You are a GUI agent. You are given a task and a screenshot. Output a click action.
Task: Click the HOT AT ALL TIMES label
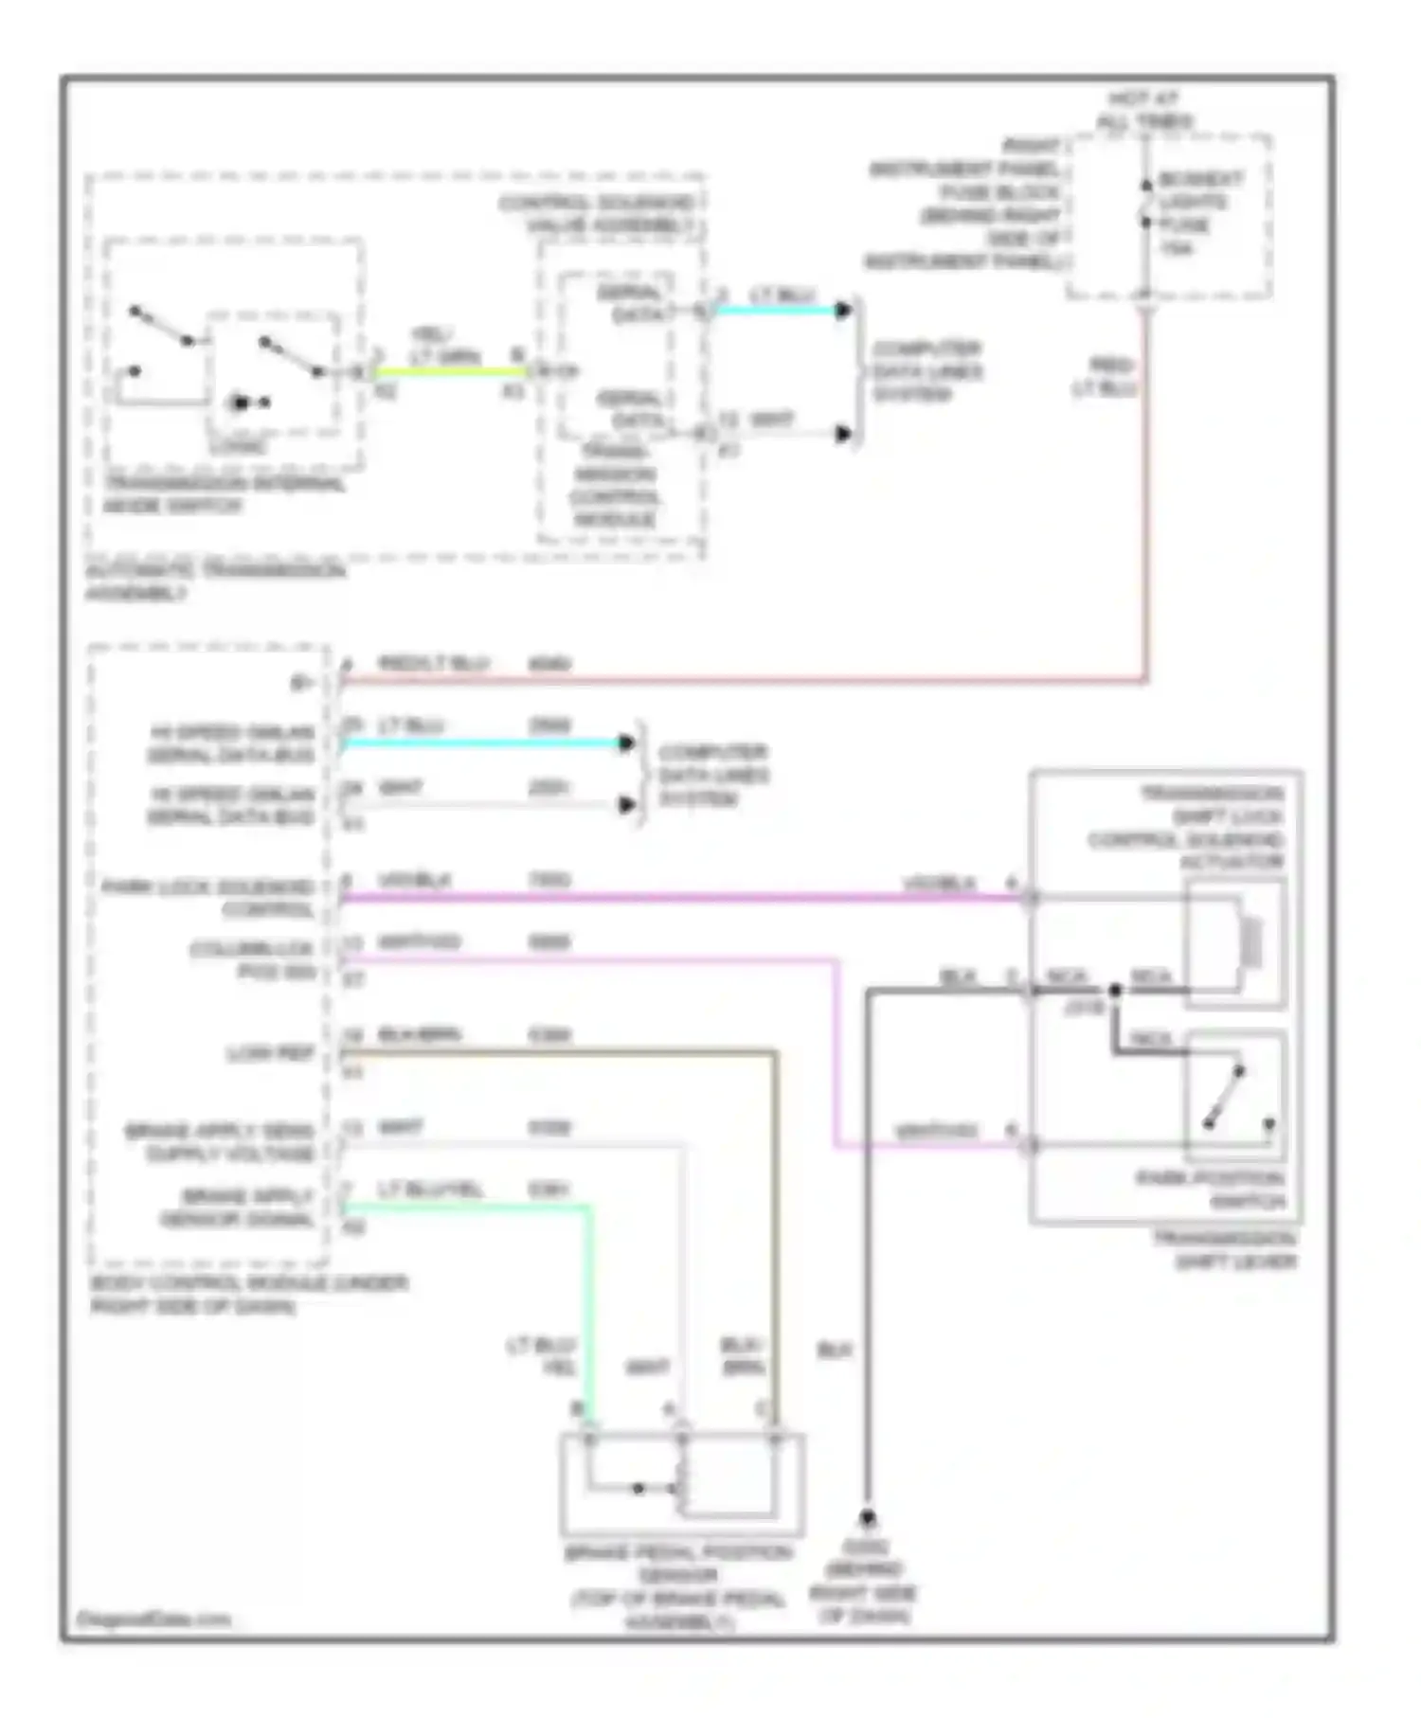(x=1144, y=110)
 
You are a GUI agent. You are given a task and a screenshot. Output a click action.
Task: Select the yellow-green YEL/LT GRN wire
(x=445, y=371)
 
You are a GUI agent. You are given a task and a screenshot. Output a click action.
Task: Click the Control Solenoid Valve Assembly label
(x=597, y=214)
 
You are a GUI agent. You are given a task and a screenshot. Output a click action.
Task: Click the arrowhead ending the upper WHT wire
(x=843, y=435)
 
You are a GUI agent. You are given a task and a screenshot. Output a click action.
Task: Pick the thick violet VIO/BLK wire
(x=663, y=897)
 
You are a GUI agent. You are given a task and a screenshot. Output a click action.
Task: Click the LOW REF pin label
(x=270, y=1053)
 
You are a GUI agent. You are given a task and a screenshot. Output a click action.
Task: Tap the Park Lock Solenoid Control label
(x=208, y=898)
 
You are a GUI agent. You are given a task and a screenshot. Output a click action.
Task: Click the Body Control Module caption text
(x=248, y=1295)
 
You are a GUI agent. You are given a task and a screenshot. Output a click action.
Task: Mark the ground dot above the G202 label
(x=867, y=1517)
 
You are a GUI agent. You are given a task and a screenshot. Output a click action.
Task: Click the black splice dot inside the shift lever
(x=1115, y=991)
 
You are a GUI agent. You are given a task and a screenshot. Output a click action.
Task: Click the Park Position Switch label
(x=1210, y=1190)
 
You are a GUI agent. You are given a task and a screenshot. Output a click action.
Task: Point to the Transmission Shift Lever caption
(x=1225, y=1250)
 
